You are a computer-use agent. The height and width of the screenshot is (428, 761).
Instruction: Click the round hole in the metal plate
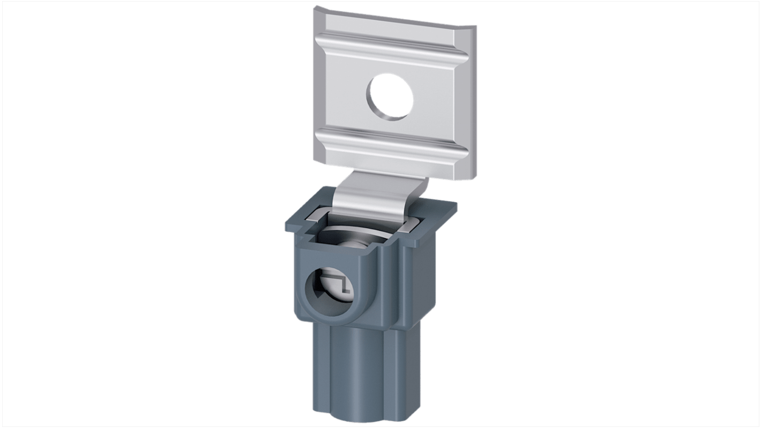click(390, 97)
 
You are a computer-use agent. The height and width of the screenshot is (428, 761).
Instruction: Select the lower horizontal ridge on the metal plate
click(394, 142)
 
